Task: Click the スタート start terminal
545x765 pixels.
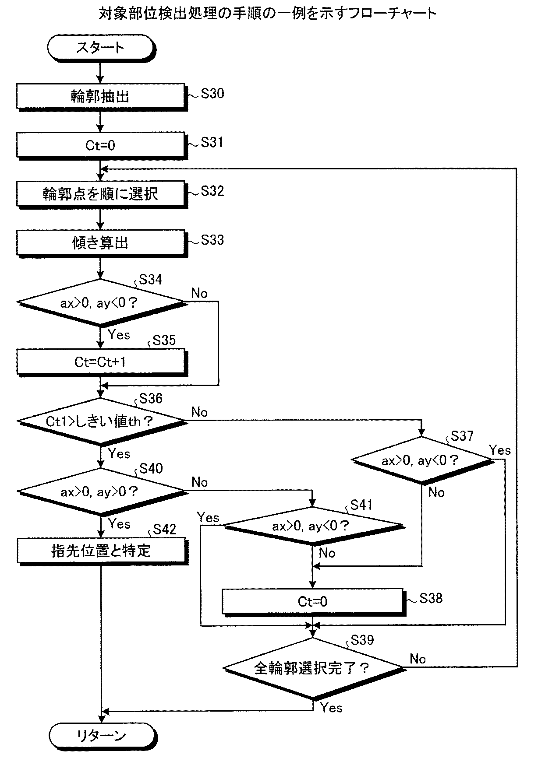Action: (x=101, y=48)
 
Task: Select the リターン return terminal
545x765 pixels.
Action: (x=102, y=736)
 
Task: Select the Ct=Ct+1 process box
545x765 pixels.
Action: (x=101, y=362)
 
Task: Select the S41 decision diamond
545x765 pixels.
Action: (x=312, y=526)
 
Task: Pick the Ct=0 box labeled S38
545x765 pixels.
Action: (x=312, y=602)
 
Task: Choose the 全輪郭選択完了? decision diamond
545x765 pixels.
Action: (x=312, y=668)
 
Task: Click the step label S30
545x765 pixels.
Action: (x=212, y=93)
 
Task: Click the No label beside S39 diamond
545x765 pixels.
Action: (x=418, y=659)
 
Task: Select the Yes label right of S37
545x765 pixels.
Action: (x=500, y=450)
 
